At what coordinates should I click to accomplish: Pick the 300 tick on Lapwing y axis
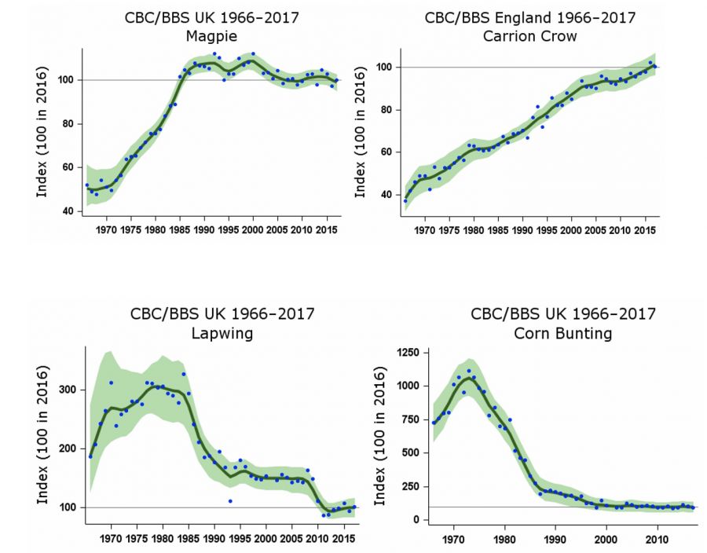[68, 390]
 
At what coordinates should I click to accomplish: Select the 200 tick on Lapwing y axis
[68, 449]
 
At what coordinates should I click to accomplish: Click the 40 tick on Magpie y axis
[68, 211]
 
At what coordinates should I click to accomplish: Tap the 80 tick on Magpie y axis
[68, 124]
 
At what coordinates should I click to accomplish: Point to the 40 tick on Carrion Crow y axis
[386, 195]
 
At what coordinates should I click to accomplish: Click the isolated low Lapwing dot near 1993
[230, 500]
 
